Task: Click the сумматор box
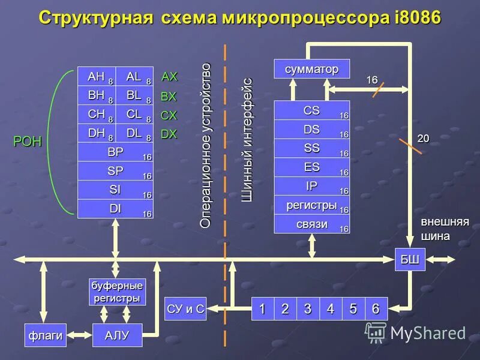pos(311,68)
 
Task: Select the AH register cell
pos(96,77)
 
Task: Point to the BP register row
pos(115,153)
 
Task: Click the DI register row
pos(115,209)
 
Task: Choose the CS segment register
pos(311,110)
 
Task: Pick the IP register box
pos(311,186)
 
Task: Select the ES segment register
pos(311,167)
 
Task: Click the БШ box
pos(410,259)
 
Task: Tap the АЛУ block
pos(117,335)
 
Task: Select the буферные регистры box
pos(117,291)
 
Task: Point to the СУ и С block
pos(185,309)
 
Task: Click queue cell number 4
pos(330,309)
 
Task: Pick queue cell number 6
pos(376,309)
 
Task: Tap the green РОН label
pos(27,142)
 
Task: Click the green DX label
pos(169,134)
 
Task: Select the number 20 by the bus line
pos(424,138)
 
